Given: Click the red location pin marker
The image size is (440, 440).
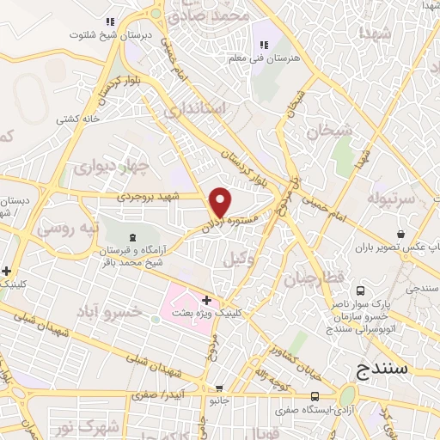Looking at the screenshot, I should pos(221,201).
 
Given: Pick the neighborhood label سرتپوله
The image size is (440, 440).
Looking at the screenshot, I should pos(390,199).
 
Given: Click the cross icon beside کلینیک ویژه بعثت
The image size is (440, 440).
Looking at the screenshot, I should pos(206,300).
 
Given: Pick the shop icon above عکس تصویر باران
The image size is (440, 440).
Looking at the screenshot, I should pos(400,234).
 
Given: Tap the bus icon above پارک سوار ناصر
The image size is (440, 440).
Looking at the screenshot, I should pos(360,291).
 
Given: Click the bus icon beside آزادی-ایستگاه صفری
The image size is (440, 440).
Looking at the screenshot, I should pos(315,397).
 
